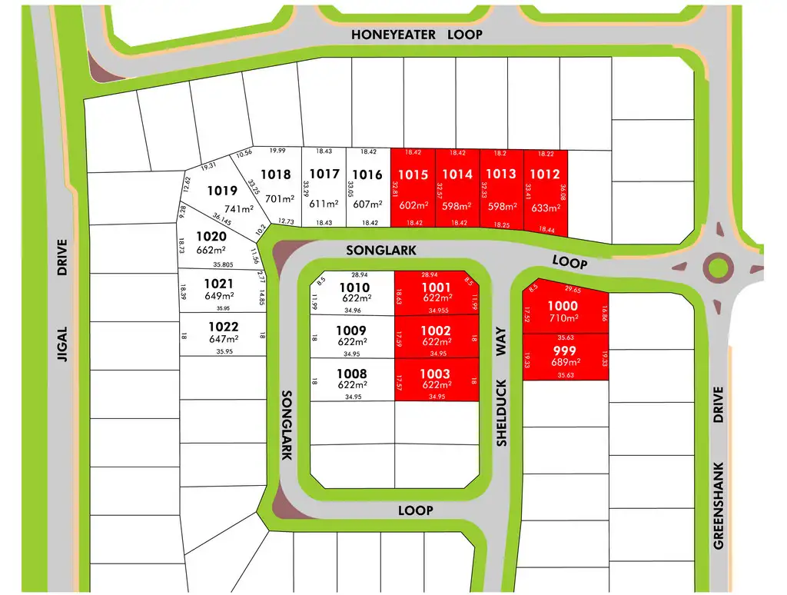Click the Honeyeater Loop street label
(417, 35)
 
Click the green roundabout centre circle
(718, 268)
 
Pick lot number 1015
(413, 175)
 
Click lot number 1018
(276, 175)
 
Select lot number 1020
(211, 237)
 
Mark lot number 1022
(223, 327)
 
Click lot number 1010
(354, 287)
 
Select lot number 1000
(563, 306)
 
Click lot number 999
(564, 350)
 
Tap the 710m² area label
(563, 317)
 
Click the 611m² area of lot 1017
(323, 204)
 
